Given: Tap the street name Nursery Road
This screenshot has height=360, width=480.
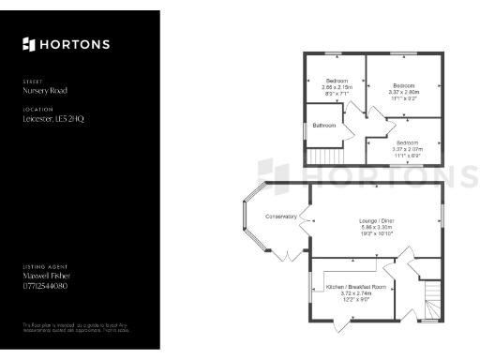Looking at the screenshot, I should pos(44,91).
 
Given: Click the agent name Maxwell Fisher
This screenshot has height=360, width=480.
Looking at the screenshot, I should pos(46,276).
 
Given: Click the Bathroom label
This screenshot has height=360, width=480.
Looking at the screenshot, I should pos(324,125).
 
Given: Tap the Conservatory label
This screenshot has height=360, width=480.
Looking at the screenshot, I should pos(280,217).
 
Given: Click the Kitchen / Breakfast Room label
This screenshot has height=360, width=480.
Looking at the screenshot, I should pos(355,286).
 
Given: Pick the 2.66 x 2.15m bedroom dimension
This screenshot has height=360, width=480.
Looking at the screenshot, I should pos(336,86).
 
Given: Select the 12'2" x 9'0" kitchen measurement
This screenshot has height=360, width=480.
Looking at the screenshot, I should pos(355,299).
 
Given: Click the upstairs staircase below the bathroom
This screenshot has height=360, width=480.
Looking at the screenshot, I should pos(325,157).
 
